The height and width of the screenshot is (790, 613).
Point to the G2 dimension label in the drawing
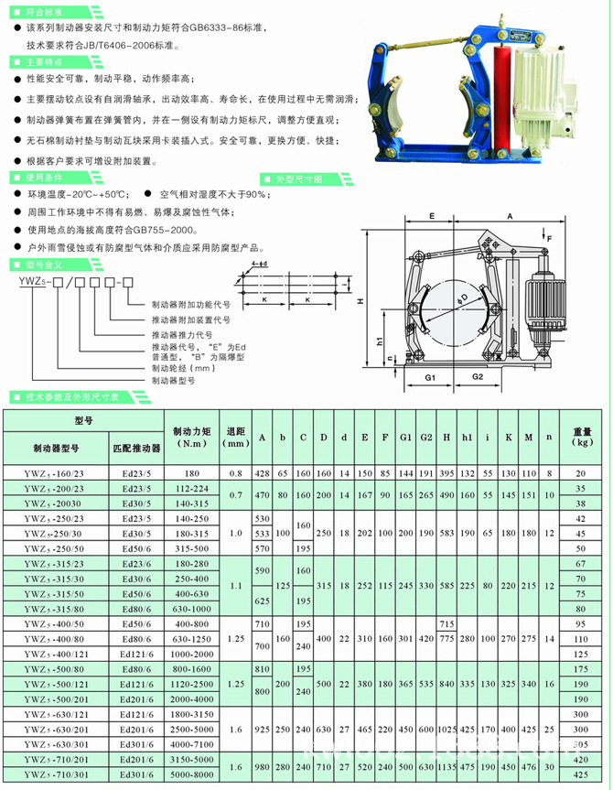[x=478, y=376]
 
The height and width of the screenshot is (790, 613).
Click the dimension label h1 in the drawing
[x=380, y=341]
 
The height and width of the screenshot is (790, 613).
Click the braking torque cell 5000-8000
[x=191, y=776]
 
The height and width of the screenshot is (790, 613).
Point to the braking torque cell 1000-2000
[x=191, y=655]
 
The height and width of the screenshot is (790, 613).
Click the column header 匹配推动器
[x=136, y=449]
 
